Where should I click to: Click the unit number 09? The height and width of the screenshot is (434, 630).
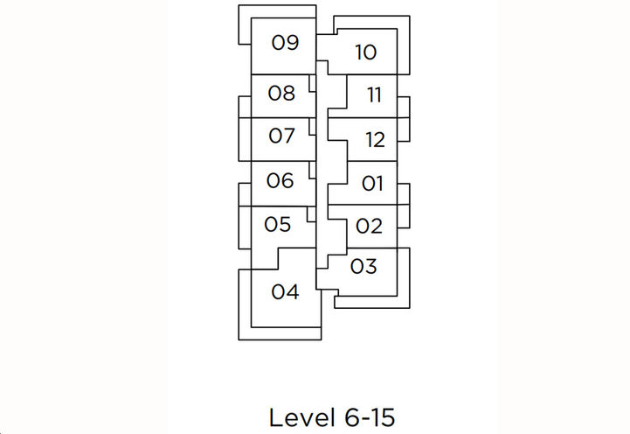pyautogui.click(x=285, y=43)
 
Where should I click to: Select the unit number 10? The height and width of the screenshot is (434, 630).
pyautogui.click(x=365, y=52)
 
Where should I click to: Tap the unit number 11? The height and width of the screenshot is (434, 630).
pyautogui.click(x=374, y=95)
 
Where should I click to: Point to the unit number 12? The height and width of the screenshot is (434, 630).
pyautogui.click(x=374, y=139)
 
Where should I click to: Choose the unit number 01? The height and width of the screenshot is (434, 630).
pyautogui.click(x=372, y=184)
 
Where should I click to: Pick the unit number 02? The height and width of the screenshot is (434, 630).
pyautogui.click(x=370, y=227)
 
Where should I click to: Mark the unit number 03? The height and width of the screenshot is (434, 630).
pyautogui.click(x=363, y=265)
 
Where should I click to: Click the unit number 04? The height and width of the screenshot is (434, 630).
pyautogui.click(x=285, y=292)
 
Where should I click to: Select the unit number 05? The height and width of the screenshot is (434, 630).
pyautogui.click(x=277, y=225)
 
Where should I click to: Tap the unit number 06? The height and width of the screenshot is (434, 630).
pyautogui.click(x=280, y=181)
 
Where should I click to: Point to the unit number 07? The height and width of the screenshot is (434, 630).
pyautogui.click(x=281, y=136)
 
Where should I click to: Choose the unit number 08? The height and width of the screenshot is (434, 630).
pyautogui.click(x=281, y=93)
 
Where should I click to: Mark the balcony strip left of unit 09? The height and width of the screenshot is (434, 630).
pyautogui.click(x=245, y=26)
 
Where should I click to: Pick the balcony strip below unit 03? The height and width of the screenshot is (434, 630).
pyautogui.click(x=367, y=302)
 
